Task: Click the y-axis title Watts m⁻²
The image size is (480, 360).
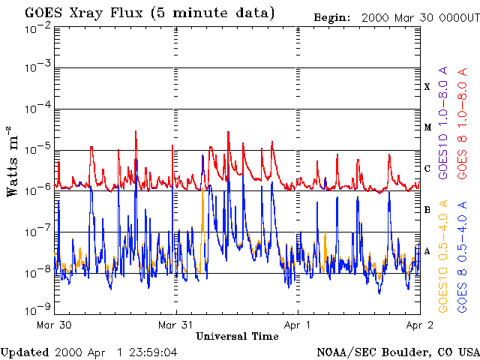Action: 13,160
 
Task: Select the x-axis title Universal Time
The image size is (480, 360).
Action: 237,337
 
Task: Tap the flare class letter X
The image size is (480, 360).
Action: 427,87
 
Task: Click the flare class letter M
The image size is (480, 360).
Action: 426,127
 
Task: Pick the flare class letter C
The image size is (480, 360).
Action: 427,169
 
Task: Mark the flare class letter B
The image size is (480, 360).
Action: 427,210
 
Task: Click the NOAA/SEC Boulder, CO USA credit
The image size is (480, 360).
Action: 397,352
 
